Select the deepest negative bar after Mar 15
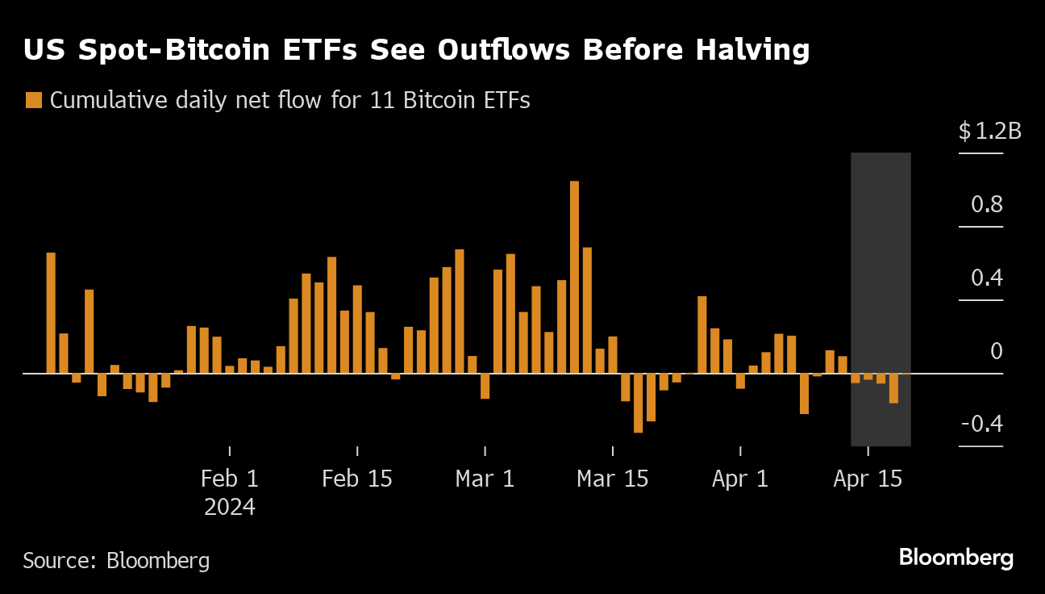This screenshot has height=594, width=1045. [x=638, y=403]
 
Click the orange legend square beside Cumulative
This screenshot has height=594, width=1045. [x=33, y=101]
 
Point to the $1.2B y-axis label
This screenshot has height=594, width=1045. [x=989, y=131]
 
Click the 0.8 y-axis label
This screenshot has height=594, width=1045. [x=986, y=205]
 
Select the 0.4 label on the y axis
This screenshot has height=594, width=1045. [x=986, y=278]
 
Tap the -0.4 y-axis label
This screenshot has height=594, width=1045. [x=981, y=425]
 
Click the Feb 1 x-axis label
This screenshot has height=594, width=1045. [x=230, y=479]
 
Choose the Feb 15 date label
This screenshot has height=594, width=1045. [x=357, y=479]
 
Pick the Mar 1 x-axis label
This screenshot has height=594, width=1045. [x=485, y=479]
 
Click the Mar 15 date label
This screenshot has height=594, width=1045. [x=613, y=479]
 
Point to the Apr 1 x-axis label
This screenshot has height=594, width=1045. [x=740, y=479]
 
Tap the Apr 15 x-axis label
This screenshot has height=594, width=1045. [x=868, y=479]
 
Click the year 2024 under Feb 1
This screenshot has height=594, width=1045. [x=230, y=508]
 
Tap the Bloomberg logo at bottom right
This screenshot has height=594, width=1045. [x=955, y=557]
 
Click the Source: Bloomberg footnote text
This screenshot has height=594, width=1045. [x=116, y=560]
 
